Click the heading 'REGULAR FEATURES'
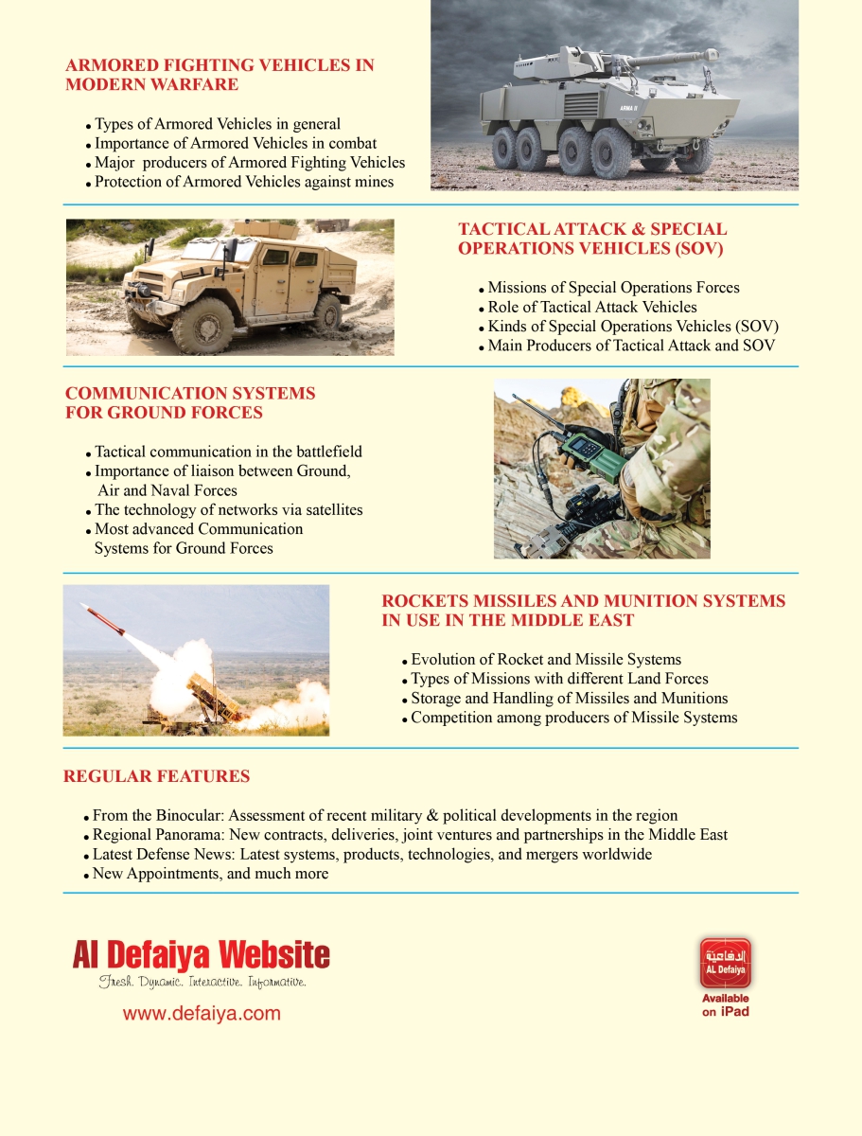[156, 776]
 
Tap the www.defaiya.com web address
[202, 1014]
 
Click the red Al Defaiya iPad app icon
[725, 963]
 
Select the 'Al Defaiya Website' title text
[202, 955]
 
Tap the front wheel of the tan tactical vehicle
[202, 324]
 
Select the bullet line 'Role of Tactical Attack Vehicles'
[591, 307]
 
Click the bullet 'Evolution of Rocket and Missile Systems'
[546, 660]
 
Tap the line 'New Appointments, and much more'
[210, 874]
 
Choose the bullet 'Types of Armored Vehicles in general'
[217, 124]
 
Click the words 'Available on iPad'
[725, 1005]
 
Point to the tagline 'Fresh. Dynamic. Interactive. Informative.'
[202, 983]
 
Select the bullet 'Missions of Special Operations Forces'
[613, 288]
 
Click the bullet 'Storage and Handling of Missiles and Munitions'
[569, 699]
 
